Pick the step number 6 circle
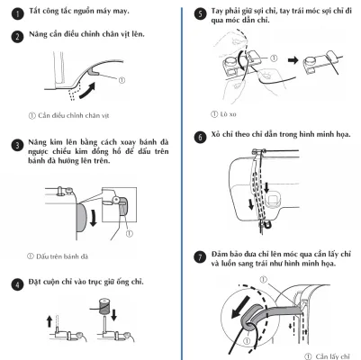(x=200, y=138)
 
